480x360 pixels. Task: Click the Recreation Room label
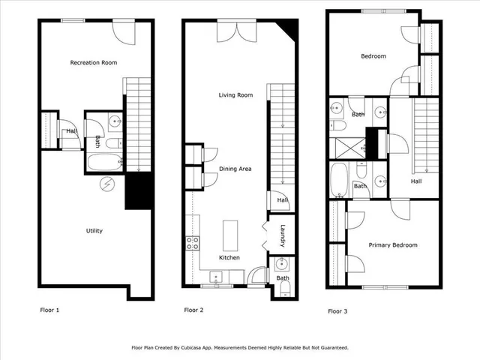click(93, 62)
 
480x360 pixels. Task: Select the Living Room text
click(235, 95)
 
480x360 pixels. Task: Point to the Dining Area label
click(235, 169)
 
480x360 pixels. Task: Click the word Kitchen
click(229, 257)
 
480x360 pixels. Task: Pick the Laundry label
click(283, 234)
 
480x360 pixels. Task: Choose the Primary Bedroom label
click(392, 245)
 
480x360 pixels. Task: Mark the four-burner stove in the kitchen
click(192, 242)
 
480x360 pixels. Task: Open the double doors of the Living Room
click(235, 31)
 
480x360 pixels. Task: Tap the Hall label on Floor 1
click(70, 131)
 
